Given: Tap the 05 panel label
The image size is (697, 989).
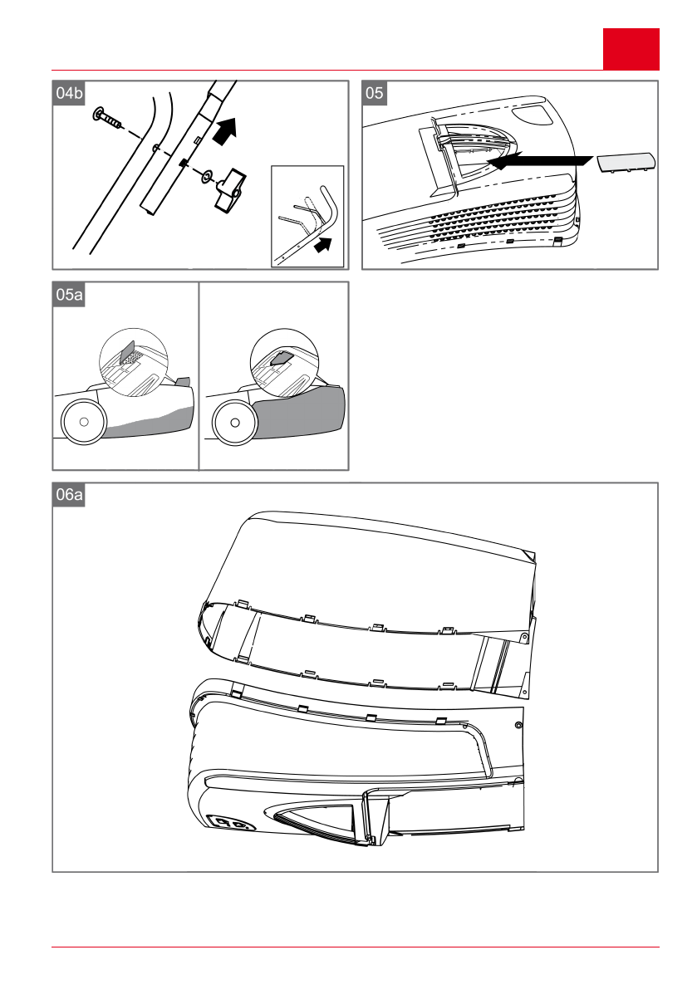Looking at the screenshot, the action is coord(375,93).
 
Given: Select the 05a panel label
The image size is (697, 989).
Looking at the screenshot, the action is coord(68,293).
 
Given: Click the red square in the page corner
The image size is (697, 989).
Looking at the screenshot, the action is coord(631,49).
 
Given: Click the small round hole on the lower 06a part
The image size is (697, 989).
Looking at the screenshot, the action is coord(519,725).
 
